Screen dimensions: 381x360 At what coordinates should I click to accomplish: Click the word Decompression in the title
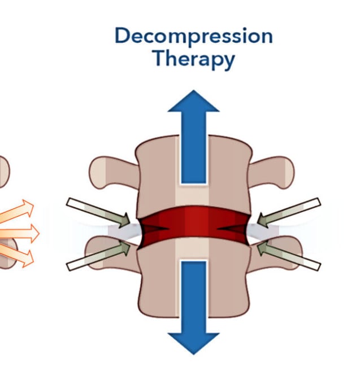[x=193, y=36]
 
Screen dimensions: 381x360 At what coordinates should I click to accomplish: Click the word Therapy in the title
[x=193, y=58]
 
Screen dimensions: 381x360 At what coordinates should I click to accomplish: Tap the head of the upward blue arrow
[x=193, y=103]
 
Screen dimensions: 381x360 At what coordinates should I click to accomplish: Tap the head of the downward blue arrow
[x=193, y=341]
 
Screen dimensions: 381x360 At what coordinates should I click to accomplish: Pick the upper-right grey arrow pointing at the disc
[x=289, y=210]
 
